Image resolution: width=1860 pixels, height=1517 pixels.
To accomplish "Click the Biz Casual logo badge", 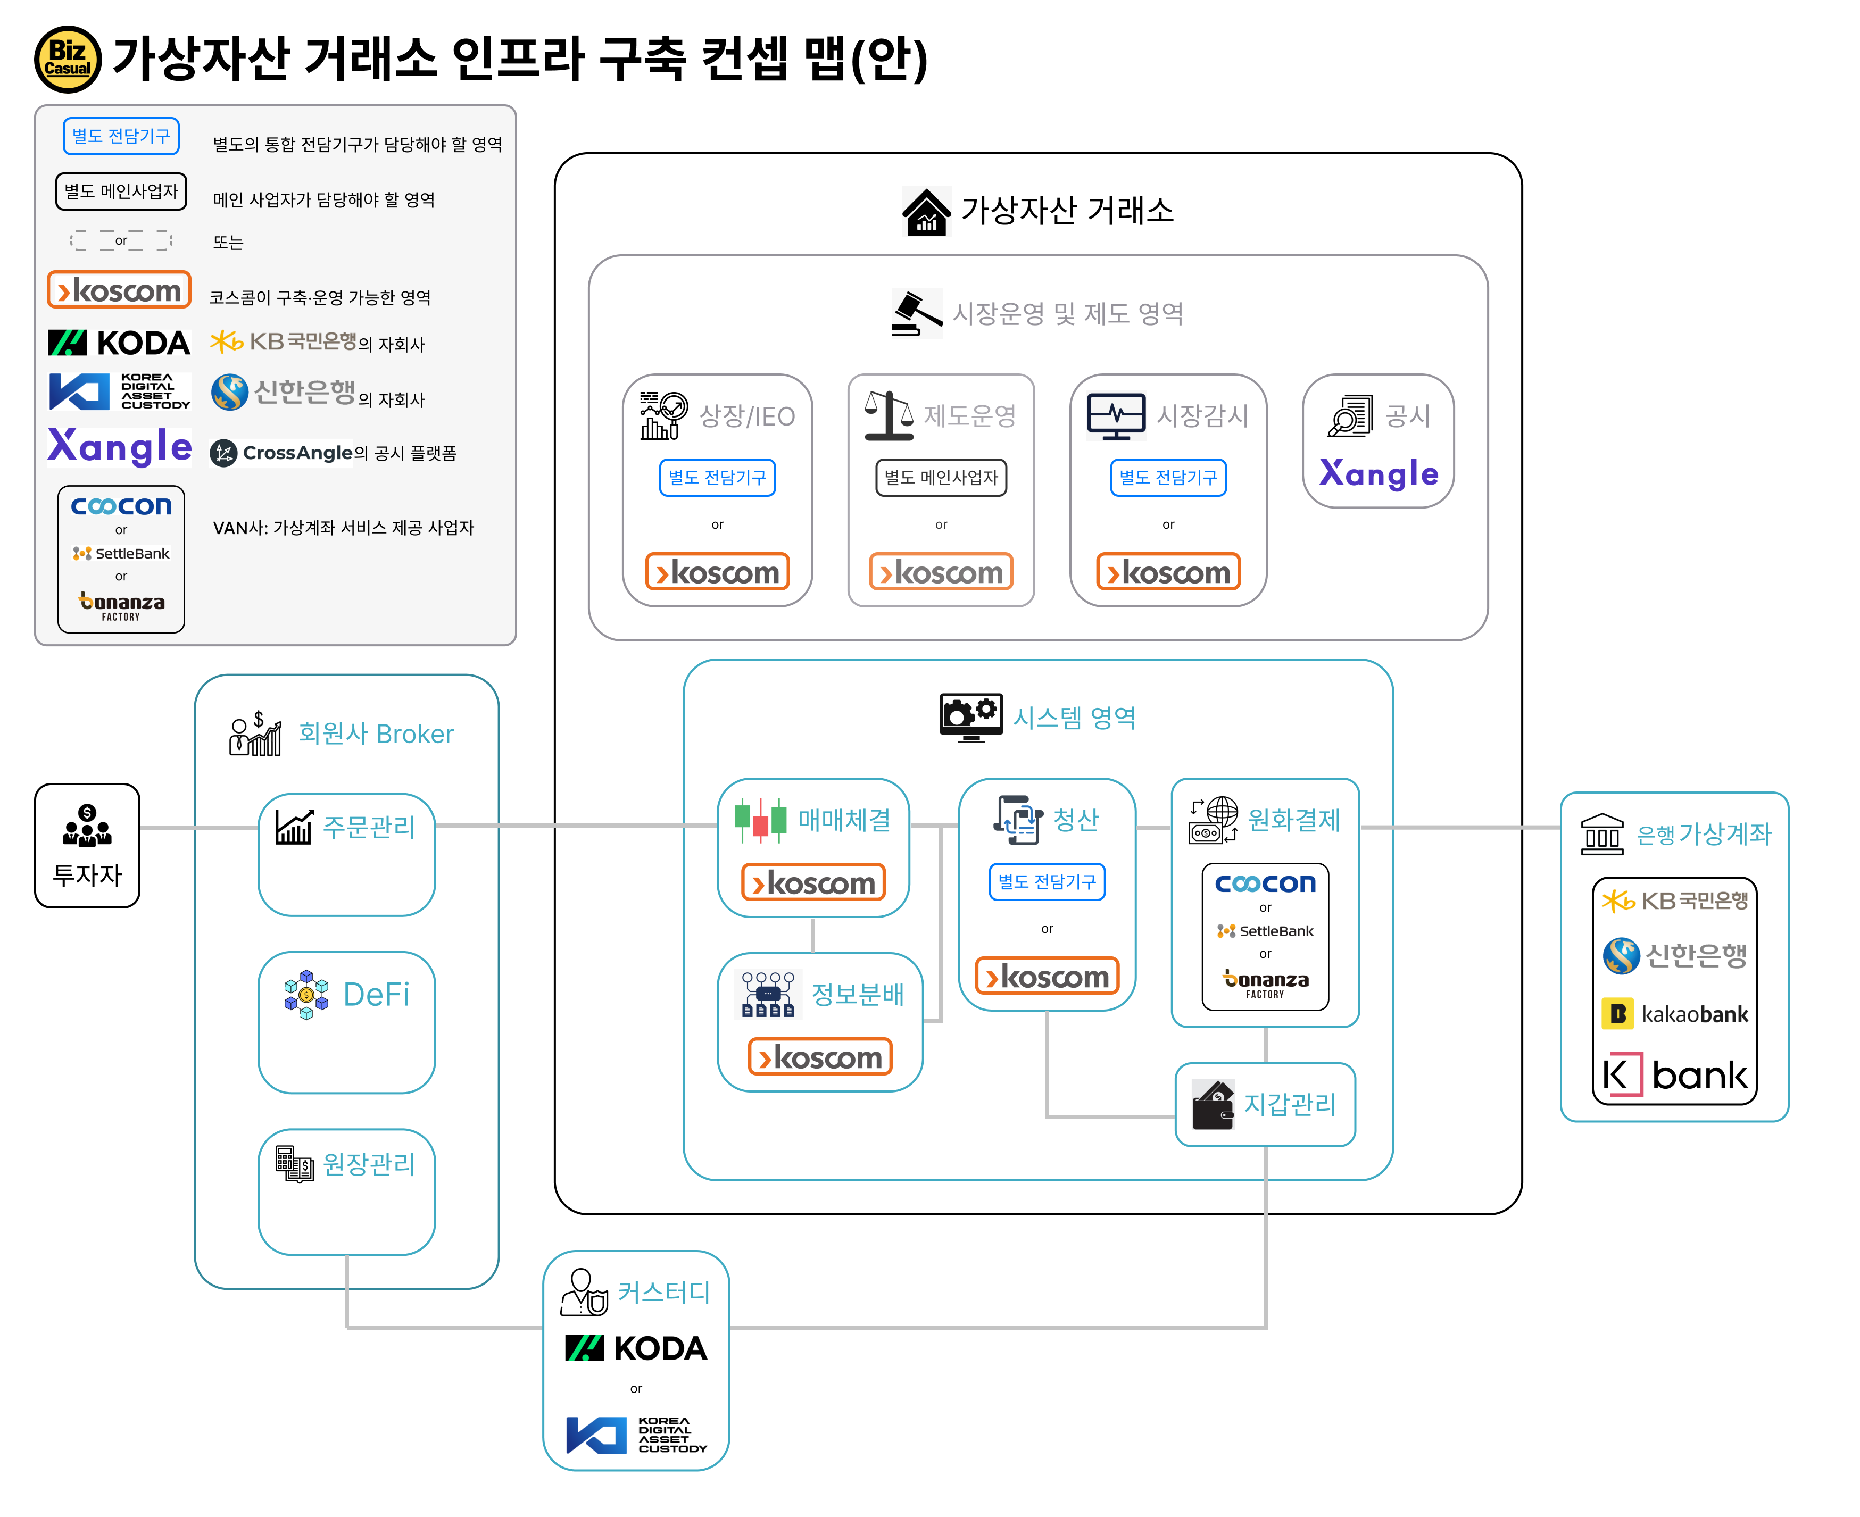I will pos(67,60).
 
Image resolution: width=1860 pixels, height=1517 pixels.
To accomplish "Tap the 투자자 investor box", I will pos(87,845).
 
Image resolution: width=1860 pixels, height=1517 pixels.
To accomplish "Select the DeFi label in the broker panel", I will pos(376,995).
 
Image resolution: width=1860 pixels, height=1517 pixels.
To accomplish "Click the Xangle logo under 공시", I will pos(1379,473).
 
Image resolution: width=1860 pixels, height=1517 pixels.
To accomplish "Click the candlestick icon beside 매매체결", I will pos(760,820).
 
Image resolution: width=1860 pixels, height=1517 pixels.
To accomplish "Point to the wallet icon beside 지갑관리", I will pos(1213,1105).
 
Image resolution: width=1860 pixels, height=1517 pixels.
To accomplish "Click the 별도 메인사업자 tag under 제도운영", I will pos(941,477).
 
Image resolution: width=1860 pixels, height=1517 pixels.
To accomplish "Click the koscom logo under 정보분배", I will pos(820,1057).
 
